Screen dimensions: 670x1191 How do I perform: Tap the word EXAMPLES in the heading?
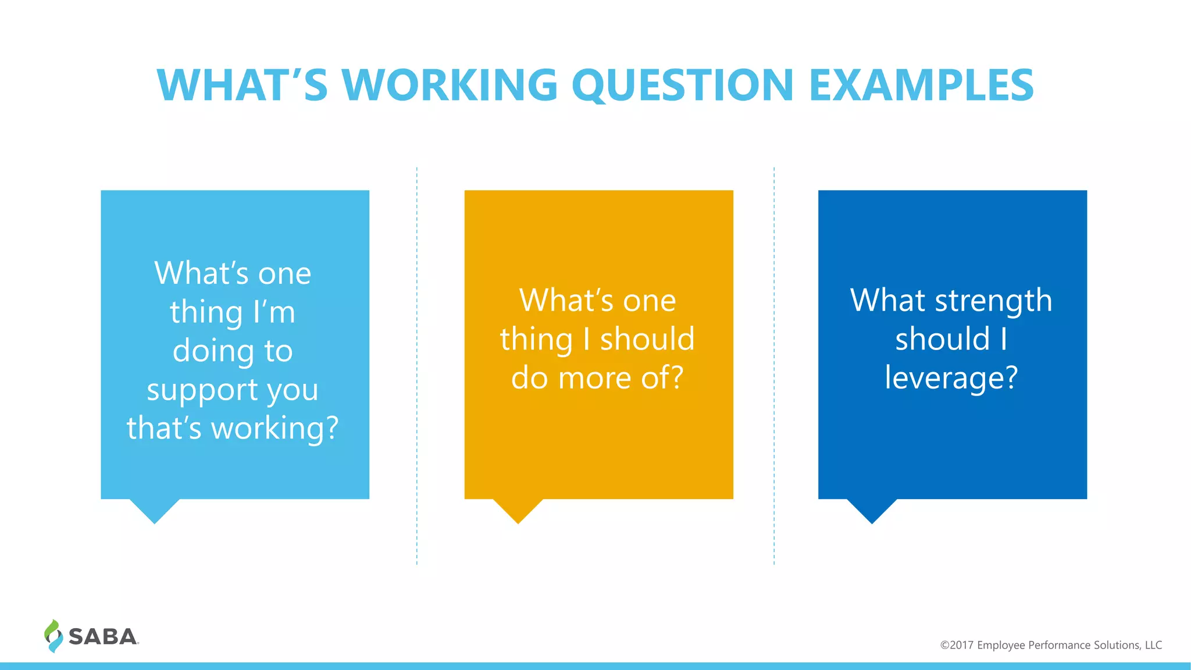(x=921, y=85)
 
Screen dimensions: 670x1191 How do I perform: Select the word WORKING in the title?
(x=450, y=85)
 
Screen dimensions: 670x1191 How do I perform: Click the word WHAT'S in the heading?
(x=242, y=85)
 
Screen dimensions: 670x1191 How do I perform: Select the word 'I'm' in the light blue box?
(x=274, y=312)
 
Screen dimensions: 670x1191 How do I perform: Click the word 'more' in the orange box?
(x=595, y=379)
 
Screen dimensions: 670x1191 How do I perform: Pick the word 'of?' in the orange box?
(x=662, y=379)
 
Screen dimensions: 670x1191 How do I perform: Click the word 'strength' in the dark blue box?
(x=993, y=301)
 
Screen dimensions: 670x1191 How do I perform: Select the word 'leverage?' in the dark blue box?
(x=951, y=379)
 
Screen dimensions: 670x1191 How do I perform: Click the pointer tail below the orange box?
(x=518, y=509)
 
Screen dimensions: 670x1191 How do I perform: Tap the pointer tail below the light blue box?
(x=154, y=509)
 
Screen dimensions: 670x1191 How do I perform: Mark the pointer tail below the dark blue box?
(x=872, y=509)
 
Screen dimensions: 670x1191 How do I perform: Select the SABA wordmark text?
(x=103, y=637)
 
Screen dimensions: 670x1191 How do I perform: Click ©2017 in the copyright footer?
(x=957, y=645)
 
